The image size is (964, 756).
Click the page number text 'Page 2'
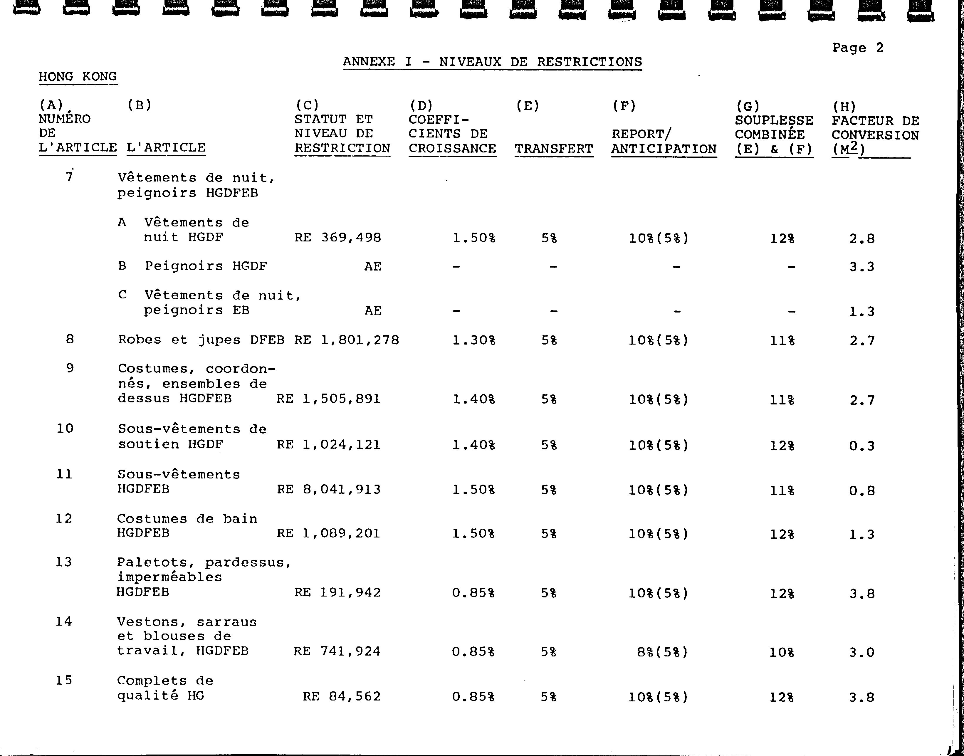point(857,48)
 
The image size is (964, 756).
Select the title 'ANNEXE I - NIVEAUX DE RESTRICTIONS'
point(492,62)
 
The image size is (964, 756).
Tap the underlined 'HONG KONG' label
point(78,77)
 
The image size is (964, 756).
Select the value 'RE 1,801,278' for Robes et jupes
point(347,340)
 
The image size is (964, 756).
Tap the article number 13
point(64,562)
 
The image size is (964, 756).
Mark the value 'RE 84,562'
point(342,697)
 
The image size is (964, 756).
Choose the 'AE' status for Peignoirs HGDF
point(373,266)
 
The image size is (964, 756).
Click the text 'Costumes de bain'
point(187,519)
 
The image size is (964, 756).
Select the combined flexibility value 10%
point(782,652)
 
